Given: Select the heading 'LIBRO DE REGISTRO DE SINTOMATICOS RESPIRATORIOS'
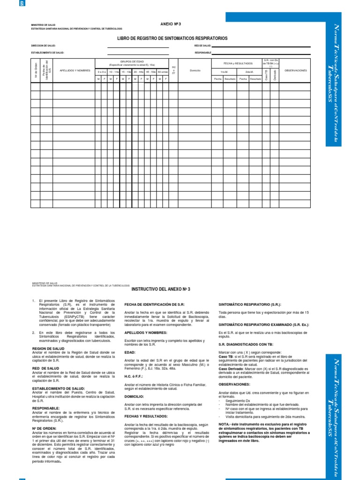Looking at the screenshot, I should [170, 37].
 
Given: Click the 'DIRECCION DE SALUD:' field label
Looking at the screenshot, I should [43, 46].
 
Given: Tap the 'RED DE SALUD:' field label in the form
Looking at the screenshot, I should [202, 46].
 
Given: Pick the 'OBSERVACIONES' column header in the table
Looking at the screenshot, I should [296, 70].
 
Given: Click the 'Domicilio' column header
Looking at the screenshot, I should [195, 70].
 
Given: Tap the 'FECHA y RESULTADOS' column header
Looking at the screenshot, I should [238, 62].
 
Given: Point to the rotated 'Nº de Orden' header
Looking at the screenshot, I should [36, 70].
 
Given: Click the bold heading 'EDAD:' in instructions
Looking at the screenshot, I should [130, 352].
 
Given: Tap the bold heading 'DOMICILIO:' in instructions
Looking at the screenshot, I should [135, 397].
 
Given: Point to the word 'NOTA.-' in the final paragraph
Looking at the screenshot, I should [225, 424].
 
